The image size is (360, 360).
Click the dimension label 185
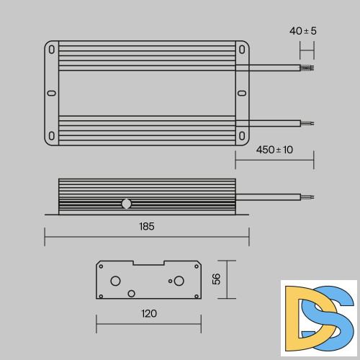[147, 226]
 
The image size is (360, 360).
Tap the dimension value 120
[149, 313]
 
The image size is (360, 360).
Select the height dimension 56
[216, 279]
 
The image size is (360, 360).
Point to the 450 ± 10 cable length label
[274, 150]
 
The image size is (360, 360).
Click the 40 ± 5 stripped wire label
[303, 31]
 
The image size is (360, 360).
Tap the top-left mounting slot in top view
[52, 50]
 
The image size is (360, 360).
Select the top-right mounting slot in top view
[242, 50]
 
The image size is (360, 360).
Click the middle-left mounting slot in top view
[52, 93]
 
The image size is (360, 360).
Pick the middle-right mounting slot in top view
[242, 93]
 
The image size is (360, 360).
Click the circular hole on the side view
[126, 204]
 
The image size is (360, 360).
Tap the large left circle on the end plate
[115, 280]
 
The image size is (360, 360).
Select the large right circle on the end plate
[179, 280]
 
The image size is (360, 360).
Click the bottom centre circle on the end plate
[131, 293]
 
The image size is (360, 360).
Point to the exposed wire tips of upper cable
[307, 68]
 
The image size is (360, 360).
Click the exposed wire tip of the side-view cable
[307, 196]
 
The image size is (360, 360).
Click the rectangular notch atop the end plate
[148, 264]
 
